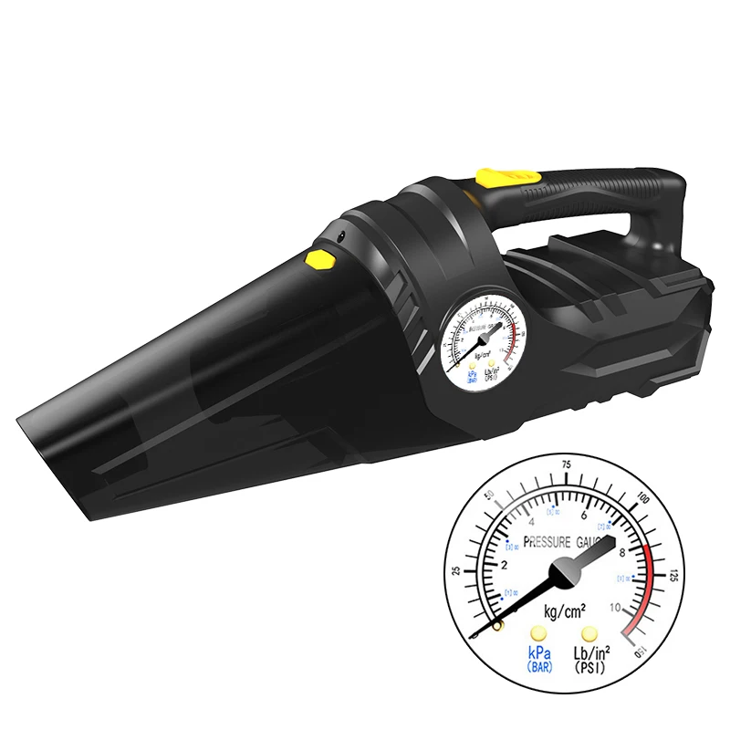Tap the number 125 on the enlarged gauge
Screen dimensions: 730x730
(x=674, y=576)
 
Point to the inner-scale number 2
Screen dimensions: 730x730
(x=498, y=566)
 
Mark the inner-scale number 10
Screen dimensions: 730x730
(x=617, y=608)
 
